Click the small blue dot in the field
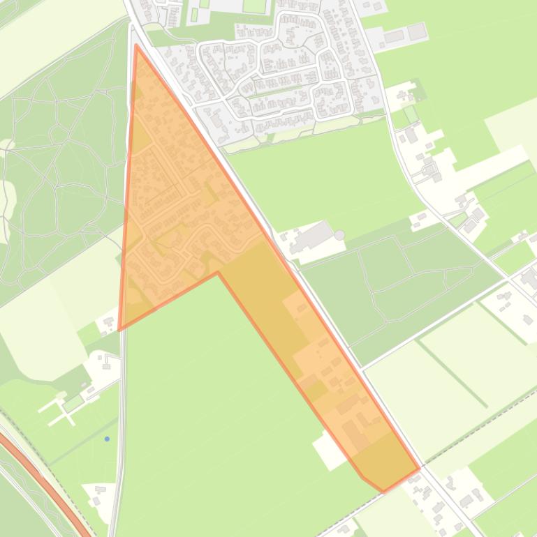pos(107,439)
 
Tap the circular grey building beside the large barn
pos(339,236)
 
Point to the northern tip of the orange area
pos(136,45)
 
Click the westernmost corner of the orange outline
pos(119,329)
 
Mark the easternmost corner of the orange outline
pos(419,469)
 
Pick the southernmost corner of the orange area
pos(383,492)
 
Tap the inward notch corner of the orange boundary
pos(218,273)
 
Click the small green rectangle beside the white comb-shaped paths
pos(73,403)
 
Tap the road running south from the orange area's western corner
pos(122,418)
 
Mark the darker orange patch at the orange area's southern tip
pos(384,467)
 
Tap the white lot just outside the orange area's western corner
pos(108,323)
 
